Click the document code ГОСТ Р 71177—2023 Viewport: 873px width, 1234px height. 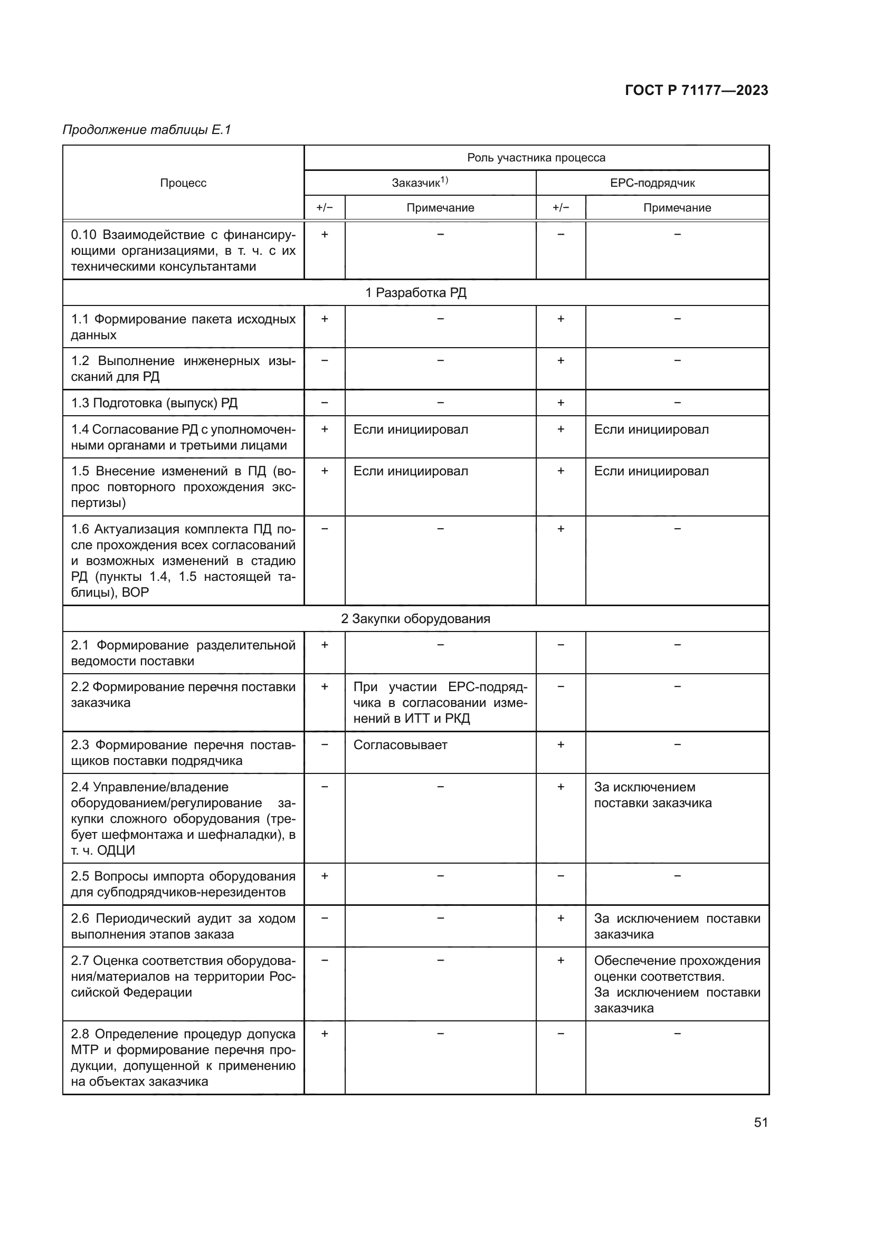tap(696, 90)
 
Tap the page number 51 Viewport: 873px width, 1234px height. tap(761, 1122)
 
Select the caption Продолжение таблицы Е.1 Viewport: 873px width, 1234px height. tap(147, 130)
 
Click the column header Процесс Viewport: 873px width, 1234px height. tap(183, 183)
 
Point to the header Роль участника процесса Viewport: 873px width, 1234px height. tap(536, 157)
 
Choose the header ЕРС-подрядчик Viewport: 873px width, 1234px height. tap(652, 183)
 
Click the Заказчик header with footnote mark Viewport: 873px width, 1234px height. tap(419, 183)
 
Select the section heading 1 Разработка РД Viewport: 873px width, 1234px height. tap(415, 292)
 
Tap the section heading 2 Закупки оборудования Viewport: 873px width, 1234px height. tap(415, 619)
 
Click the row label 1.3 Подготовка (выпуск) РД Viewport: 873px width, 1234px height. tap(154, 403)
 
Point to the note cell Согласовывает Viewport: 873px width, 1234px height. tap(400, 745)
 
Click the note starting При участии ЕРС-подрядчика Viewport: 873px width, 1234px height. tap(440, 702)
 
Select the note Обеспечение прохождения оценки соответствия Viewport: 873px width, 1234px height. tap(677, 969)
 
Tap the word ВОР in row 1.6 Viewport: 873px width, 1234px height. tap(136, 592)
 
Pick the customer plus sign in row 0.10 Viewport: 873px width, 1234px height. tap(325, 234)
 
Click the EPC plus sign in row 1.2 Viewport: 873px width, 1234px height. tap(561, 361)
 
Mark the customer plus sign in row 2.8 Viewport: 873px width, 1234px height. tap(325, 1034)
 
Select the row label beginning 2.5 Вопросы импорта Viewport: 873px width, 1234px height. tap(183, 884)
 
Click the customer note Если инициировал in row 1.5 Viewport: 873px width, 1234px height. tap(411, 471)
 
